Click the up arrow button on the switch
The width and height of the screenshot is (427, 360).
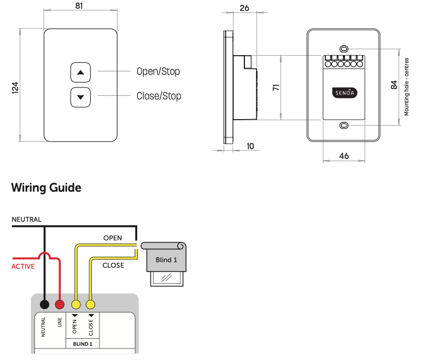(81, 72)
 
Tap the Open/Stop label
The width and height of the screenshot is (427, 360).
(158, 72)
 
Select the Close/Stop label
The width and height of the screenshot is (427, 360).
(159, 96)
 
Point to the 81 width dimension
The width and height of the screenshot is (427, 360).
(80, 7)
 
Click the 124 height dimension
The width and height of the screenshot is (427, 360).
(15, 87)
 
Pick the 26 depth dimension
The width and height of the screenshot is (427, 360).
(244, 8)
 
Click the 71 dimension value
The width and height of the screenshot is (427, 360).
(277, 87)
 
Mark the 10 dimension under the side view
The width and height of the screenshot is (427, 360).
(250, 146)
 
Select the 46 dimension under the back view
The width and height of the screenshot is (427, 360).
(344, 156)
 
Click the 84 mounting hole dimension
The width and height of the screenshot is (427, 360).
(394, 85)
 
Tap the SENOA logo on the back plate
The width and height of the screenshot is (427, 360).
(343, 93)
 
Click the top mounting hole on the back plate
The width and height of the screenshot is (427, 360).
(343, 48)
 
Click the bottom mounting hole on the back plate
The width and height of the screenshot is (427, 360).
(343, 126)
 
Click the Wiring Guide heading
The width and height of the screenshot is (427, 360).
(46, 188)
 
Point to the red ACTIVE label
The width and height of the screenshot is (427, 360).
(23, 267)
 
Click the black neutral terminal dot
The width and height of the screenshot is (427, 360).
(45, 304)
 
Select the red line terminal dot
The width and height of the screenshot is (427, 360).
(60, 304)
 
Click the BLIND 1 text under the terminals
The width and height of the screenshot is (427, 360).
(83, 344)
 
